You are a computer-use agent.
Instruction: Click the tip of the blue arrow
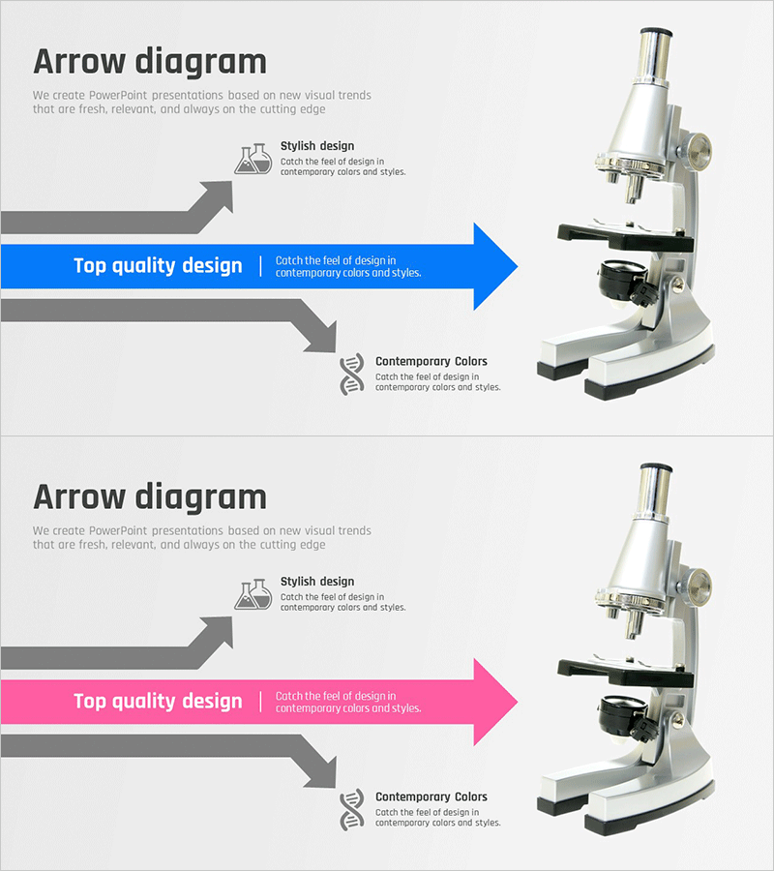[518, 267]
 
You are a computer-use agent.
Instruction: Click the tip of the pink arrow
[518, 703]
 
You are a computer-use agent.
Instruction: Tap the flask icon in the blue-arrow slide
[253, 159]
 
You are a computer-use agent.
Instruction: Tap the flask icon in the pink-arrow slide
[253, 594]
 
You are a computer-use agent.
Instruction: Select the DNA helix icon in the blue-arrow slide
[352, 374]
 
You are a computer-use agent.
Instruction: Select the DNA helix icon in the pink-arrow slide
[352, 809]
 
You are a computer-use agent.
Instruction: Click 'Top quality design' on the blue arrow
[159, 266]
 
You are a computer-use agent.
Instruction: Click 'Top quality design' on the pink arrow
[159, 702]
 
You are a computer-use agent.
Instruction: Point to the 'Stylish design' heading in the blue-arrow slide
[317, 146]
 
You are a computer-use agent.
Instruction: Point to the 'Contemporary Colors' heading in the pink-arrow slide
[432, 797]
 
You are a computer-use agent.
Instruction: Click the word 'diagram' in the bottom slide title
[201, 498]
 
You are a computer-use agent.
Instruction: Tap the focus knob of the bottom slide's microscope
[697, 586]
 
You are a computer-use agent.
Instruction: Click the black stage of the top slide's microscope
[626, 236]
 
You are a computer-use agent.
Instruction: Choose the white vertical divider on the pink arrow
[260, 702]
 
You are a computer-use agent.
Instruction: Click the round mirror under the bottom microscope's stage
[622, 711]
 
